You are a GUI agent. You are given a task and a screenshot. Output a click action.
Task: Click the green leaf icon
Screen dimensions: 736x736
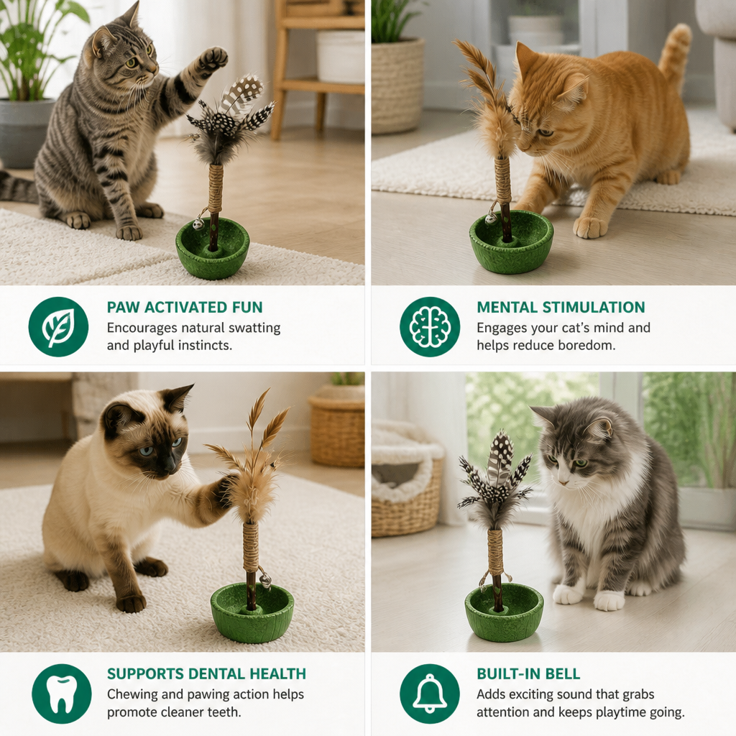tap(58, 327)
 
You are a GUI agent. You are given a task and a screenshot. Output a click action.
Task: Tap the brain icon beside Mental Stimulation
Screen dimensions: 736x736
tap(430, 327)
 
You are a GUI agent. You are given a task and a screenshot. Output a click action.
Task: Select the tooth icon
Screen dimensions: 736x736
tap(62, 694)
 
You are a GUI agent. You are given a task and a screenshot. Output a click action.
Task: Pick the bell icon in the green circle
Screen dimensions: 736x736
tap(430, 694)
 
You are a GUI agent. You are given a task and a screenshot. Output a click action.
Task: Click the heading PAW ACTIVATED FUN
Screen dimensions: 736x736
tap(185, 308)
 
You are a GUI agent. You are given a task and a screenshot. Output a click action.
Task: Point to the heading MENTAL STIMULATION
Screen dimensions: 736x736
tap(561, 308)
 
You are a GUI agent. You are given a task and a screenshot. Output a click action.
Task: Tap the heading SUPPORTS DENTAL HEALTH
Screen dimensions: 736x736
tap(206, 674)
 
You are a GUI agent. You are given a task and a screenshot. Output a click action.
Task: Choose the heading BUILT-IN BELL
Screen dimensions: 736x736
tap(528, 674)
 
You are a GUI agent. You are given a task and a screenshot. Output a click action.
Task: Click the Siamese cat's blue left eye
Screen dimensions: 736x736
tap(146, 451)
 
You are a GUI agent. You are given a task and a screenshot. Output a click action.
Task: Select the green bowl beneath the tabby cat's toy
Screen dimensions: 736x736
tap(212, 248)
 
